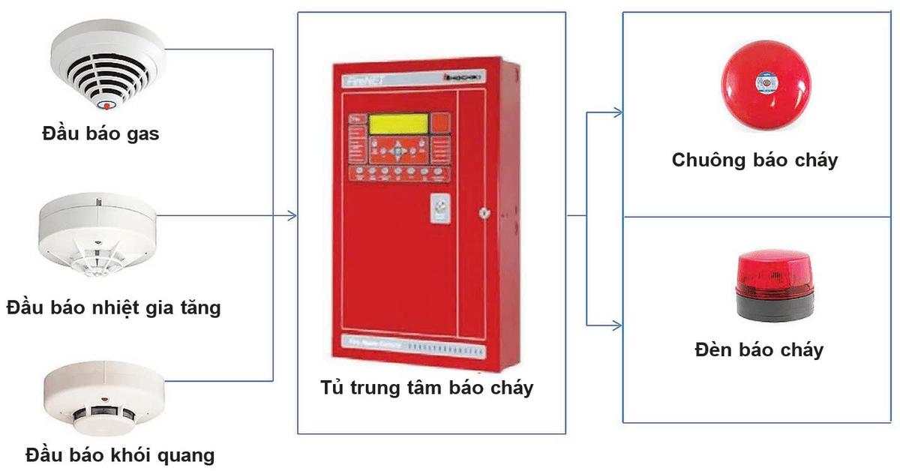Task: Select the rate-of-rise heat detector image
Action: tap(97, 235)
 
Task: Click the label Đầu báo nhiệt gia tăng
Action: tap(113, 307)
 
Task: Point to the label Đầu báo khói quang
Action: tap(120, 454)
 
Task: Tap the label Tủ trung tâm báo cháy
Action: tap(427, 388)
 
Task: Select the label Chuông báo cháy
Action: tap(754, 159)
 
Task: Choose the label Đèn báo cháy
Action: tap(759, 349)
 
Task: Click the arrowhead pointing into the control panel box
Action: tap(293, 216)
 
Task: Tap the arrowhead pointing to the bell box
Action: tap(618, 113)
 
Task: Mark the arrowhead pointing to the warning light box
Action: tap(618, 325)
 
